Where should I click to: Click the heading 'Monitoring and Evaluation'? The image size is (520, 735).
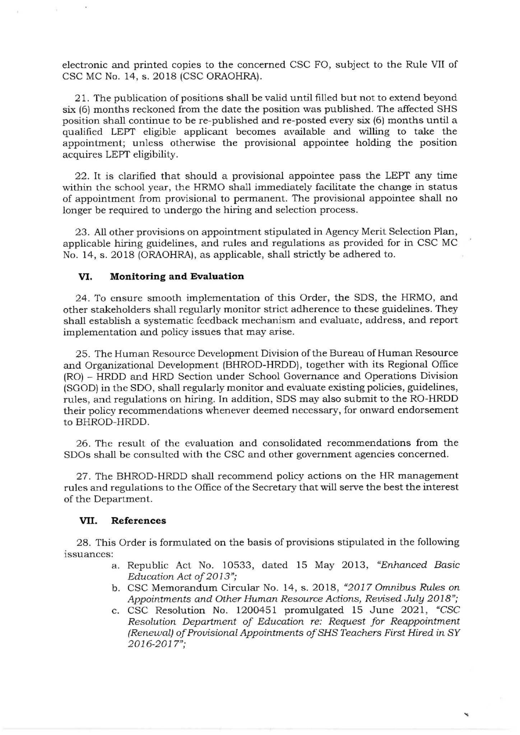177,276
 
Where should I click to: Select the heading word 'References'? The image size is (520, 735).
138,521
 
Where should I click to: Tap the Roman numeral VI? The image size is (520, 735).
86,277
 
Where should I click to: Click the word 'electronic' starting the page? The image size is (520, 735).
83,65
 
